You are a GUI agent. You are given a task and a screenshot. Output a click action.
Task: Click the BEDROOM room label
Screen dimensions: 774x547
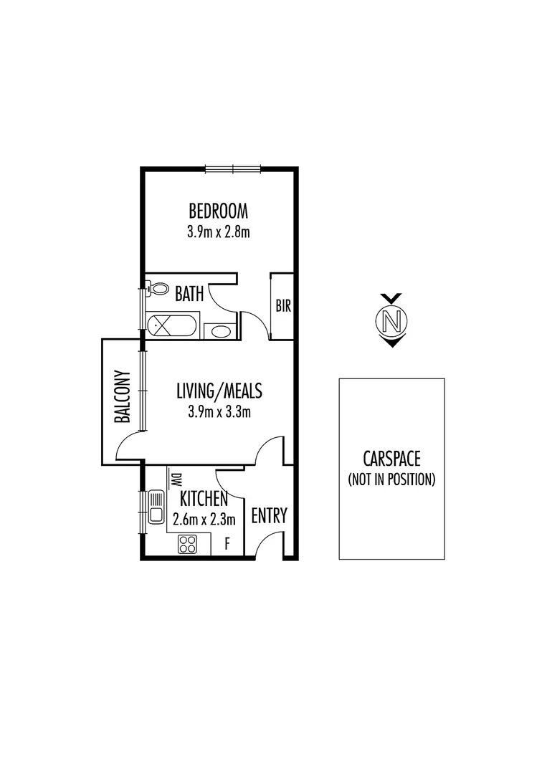coord(218,211)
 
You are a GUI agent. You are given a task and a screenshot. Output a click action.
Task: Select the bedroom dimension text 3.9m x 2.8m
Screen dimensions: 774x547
coord(218,231)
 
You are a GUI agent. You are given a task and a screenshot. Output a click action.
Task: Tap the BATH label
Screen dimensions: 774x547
coord(189,293)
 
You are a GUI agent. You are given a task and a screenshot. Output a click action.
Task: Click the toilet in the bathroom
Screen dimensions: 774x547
coord(155,288)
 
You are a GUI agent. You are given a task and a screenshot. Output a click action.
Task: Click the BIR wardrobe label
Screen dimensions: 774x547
coord(283,306)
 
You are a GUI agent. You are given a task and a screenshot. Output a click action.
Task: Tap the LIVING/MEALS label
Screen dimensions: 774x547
coord(219,391)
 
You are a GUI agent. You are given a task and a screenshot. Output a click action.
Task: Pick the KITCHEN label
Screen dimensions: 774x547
coord(204,499)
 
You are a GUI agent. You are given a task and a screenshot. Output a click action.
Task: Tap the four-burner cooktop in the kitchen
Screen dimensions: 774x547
coord(188,544)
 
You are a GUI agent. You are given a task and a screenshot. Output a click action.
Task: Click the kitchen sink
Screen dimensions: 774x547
coord(156,507)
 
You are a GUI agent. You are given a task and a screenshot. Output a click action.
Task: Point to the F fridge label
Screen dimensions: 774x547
coord(227,544)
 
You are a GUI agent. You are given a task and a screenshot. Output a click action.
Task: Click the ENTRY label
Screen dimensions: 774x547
coord(269,515)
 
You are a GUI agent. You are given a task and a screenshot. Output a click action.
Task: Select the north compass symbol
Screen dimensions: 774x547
coord(391,320)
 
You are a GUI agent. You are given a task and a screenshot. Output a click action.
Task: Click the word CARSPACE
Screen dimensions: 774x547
coord(391,459)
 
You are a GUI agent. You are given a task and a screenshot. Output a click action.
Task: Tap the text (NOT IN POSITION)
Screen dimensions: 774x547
coord(391,479)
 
